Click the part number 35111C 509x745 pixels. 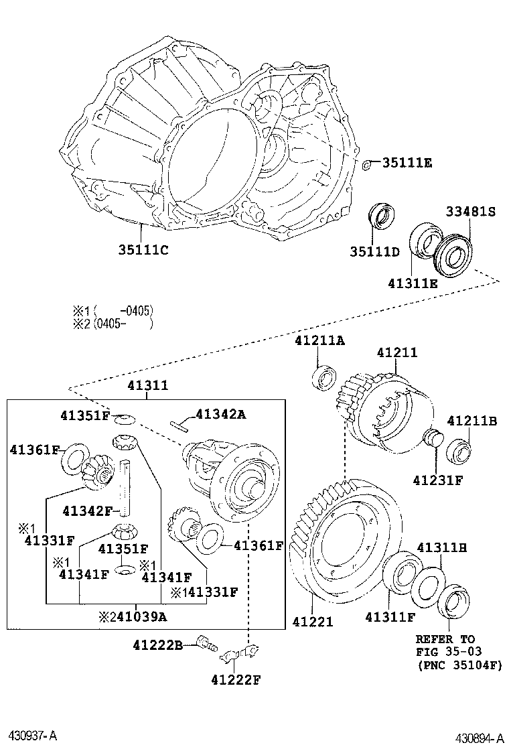click(x=143, y=251)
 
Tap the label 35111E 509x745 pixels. click(x=407, y=163)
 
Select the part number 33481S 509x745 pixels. click(x=470, y=212)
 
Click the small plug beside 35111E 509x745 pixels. click(x=367, y=164)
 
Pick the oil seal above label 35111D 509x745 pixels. click(x=382, y=216)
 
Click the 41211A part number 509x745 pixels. click(x=319, y=340)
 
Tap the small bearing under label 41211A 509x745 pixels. click(x=325, y=377)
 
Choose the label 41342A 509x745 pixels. click(x=220, y=415)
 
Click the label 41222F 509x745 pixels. click(x=235, y=680)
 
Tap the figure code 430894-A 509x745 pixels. click(x=479, y=737)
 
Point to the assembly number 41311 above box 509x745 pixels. click(x=148, y=387)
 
